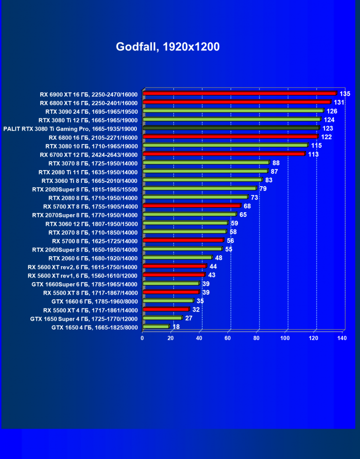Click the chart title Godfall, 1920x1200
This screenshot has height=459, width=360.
(x=168, y=47)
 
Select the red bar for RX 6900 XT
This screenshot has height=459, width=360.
(x=239, y=93)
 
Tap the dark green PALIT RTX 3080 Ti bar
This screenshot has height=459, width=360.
(x=231, y=128)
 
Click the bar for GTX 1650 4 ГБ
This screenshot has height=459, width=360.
(x=155, y=326)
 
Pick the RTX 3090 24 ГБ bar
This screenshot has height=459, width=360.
(x=233, y=111)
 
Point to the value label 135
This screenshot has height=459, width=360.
(x=345, y=94)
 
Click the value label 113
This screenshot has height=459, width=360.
(x=314, y=154)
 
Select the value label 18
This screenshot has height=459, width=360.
(x=176, y=327)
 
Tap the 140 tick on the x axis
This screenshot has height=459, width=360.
(x=342, y=338)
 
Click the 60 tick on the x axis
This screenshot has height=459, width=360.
(x=228, y=338)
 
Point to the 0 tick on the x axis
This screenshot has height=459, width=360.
(x=142, y=338)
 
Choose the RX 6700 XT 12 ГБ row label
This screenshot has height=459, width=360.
(x=90, y=154)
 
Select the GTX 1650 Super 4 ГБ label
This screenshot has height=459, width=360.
(x=84, y=318)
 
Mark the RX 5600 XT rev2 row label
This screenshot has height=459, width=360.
(x=82, y=267)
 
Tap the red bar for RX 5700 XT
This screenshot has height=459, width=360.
(x=191, y=206)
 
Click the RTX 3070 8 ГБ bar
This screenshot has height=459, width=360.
(x=206, y=162)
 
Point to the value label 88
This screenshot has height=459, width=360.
(x=276, y=163)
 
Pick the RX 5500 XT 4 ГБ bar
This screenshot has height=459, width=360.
(x=165, y=309)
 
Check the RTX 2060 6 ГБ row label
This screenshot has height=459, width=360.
(x=93, y=258)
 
